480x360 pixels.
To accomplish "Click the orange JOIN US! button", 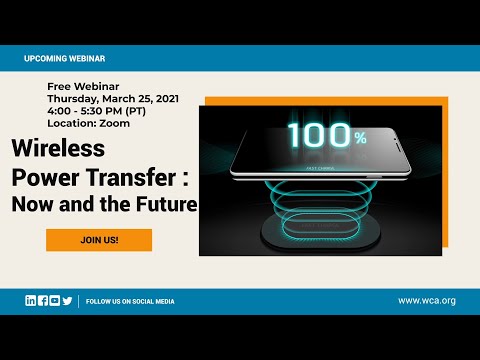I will point(98,240).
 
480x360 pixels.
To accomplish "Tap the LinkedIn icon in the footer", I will point(31,300).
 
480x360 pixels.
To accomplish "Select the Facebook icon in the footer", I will point(43,300).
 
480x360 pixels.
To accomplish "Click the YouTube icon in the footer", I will point(55,300).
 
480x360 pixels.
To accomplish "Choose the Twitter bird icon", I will point(67,300).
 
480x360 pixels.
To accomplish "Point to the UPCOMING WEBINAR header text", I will point(65,59).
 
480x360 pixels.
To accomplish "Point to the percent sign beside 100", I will point(359,138).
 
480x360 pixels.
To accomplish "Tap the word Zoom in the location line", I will point(115,123).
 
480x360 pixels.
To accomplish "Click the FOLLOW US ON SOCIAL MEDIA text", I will point(130,300).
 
